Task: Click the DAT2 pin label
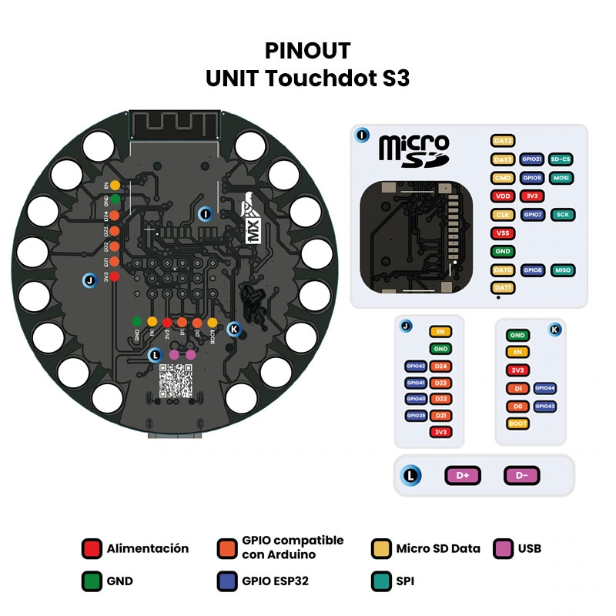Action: (x=503, y=141)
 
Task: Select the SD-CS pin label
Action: (x=561, y=159)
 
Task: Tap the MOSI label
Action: (x=561, y=178)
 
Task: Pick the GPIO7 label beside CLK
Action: (x=532, y=215)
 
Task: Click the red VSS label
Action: (x=503, y=233)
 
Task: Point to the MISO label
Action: (x=561, y=270)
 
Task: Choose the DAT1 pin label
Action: (x=503, y=288)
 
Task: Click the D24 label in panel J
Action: (x=441, y=367)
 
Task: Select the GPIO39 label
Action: (x=416, y=416)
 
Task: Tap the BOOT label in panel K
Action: (x=517, y=423)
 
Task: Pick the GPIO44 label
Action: (x=544, y=389)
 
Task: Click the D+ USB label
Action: (x=463, y=476)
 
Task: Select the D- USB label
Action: (x=522, y=476)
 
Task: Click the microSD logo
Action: (x=413, y=149)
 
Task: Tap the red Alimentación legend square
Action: (x=92, y=549)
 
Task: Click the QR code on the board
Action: (x=176, y=380)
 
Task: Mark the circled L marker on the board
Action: (x=156, y=355)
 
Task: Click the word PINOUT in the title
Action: (x=307, y=51)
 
